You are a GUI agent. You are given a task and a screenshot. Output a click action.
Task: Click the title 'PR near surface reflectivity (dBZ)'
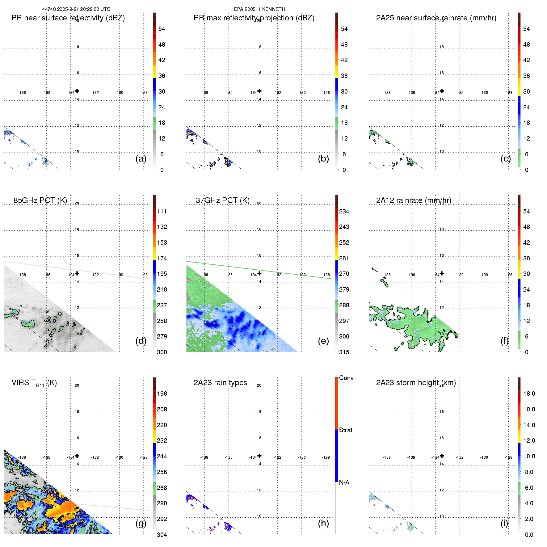pos(68,18)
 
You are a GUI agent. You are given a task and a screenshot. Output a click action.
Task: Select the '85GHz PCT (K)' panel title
pos(40,200)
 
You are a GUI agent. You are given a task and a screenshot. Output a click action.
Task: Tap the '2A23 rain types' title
pos(220,383)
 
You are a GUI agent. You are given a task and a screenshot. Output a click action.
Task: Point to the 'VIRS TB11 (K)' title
pos(34,383)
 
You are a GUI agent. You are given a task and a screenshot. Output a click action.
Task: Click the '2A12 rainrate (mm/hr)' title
pos(414,200)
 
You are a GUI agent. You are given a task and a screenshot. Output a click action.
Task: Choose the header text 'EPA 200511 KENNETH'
pos(259,9)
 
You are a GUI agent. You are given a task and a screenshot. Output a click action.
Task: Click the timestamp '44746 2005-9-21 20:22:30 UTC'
pos(76,9)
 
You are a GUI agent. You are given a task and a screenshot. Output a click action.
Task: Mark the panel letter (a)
pos(141,158)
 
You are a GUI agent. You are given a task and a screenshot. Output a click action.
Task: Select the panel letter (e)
pos(323,341)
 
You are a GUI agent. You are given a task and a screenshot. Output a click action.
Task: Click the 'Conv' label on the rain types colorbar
pos(346,378)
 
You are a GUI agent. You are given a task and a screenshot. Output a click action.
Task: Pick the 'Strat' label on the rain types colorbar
pos(346,430)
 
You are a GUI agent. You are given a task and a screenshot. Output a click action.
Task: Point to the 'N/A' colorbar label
pos(344,482)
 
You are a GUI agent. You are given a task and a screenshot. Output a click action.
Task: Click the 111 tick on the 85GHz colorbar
pos(162,211)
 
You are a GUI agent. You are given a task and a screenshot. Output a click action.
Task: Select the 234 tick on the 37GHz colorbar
pos(344,211)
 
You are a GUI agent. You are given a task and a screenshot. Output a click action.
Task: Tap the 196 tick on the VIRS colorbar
pos(162,393)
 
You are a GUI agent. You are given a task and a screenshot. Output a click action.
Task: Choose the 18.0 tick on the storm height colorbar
pos(529,393)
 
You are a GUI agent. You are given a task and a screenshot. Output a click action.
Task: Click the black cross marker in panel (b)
pos(259,91)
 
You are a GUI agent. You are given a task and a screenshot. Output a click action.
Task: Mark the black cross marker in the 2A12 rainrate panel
pos(442,273)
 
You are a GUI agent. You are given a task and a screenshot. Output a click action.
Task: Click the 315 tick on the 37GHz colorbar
pos(344,352)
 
